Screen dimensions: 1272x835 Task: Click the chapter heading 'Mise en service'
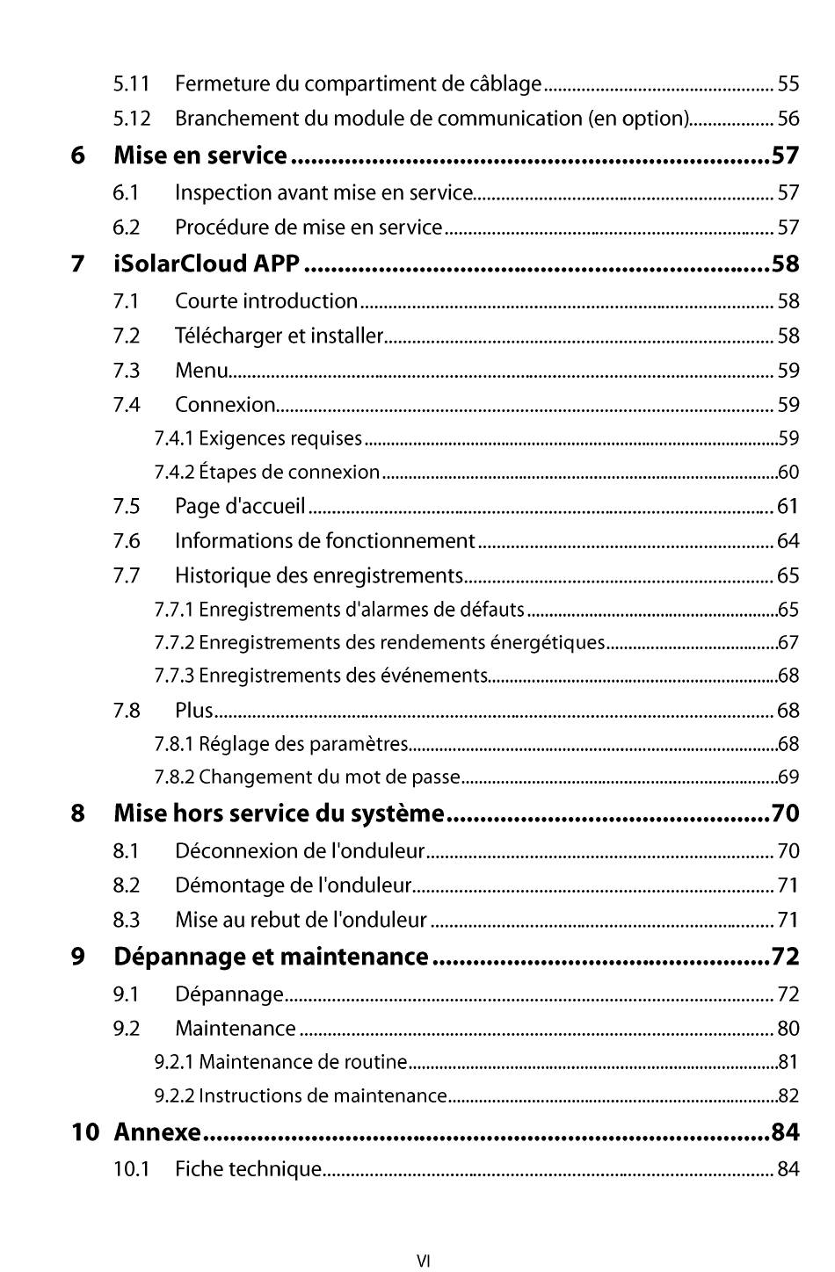point(200,156)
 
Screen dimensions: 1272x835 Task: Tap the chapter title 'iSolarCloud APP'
point(207,264)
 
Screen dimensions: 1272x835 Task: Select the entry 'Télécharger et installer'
point(279,336)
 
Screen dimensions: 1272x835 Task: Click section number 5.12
point(132,119)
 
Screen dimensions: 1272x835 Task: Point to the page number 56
point(788,119)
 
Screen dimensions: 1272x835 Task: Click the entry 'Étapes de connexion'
point(289,473)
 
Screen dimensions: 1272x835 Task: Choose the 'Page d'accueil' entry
point(240,507)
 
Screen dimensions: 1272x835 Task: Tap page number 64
point(788,541)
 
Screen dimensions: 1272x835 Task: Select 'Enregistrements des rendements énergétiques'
point(402,643)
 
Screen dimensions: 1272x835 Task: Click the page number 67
point(788,643)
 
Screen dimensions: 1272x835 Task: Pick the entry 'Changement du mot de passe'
point(330,777)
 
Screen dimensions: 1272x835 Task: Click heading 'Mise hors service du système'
point(279,813)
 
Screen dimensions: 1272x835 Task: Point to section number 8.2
point(127,885)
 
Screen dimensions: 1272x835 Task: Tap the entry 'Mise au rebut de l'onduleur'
point(301,921)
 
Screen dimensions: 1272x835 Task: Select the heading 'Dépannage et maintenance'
point(271,957)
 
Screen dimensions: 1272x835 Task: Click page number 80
point(788,1029)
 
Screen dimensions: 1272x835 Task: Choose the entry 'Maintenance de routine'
point(302,1063)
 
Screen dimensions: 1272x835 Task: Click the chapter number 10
point(85,1132)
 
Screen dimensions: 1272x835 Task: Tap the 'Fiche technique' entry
point(248,1169)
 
